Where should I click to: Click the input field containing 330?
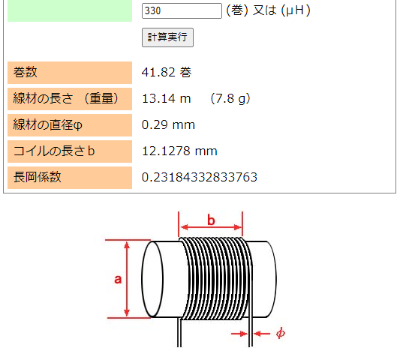(x=182, y=10)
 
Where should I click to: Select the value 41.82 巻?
(x=167, y=73)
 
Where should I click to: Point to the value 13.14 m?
(x=167, y=98)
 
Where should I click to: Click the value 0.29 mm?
(x=168, y=124)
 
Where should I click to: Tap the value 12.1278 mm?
(x=179, y=151)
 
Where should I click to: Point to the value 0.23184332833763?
(x=200, y=177)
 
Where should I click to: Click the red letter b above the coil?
(x=211, y=220)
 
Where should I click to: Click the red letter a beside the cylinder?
(x=118, y=279)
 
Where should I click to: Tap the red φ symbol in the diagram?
(x=280, y=333)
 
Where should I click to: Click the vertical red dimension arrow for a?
(x=128, y=279)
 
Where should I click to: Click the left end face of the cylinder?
(x=152, y=279)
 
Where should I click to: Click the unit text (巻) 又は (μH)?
(x=268, y=10)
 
